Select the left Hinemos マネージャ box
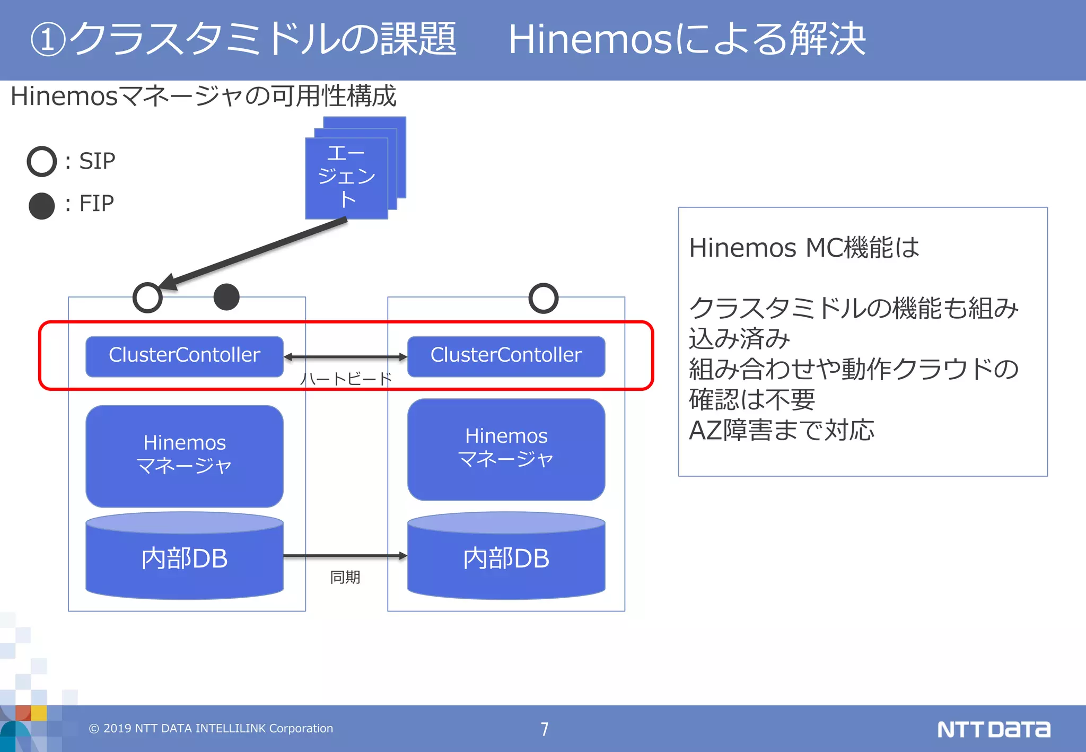[x=184, y=456]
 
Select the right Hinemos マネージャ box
[x=506, y=449]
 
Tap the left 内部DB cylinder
[x=184, y=558]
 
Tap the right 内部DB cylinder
[x=506, y=558]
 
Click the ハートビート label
[x=346, y=379]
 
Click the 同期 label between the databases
[x=345, y=577]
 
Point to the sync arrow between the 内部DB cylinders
[x=345, y=556]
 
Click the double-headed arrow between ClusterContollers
[x=346, y=357]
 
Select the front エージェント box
[x=346, y=178]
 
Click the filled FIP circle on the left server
[x=226, y=297]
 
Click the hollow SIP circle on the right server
[x=544, y=298]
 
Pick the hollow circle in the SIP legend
[x=42, y=161]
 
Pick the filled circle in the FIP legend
[x=42, y=206]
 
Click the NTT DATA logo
[x=993, y=729]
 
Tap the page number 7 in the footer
[x=545, y=729]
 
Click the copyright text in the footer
[x=211, y=729]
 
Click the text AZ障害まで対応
[x=781, y=430]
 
